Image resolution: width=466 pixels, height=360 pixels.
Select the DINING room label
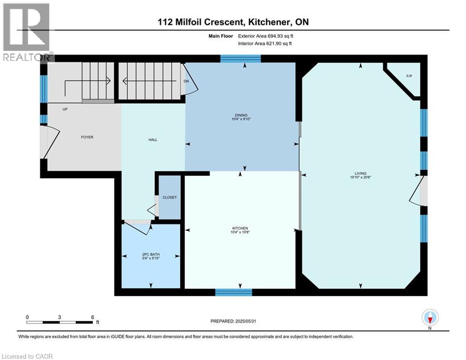(x=241, y=115)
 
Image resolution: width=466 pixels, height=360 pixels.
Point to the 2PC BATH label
(x=151, y=255)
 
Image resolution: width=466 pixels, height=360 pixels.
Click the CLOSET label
(x=170, y=197)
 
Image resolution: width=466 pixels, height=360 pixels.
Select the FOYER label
(x=87, y=137)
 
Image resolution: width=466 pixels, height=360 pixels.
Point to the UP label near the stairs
(x=65, y=109)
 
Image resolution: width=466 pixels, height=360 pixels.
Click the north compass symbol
(x=430, y=318)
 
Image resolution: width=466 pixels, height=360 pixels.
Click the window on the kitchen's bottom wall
(x=233, y=292)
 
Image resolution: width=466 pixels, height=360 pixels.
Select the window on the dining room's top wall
(x=240, y=58)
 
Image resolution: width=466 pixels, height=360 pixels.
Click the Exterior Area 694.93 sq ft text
(x=266, y=36)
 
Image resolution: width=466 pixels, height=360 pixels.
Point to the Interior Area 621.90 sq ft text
(x=266, y=44)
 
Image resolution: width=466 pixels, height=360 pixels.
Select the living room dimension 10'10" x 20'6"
(x=360, y=177)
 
